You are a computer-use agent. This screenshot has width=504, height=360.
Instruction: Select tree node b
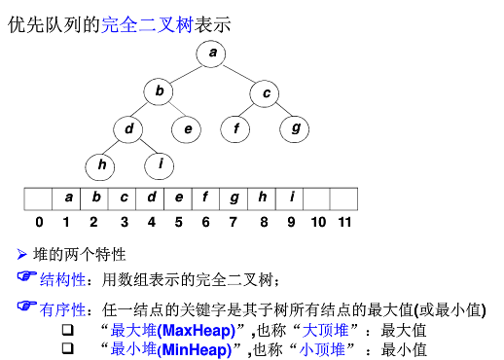pyautogui.click(x=158, y=91)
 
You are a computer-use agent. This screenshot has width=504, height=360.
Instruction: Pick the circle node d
pyautogui.click(x=127, y=127)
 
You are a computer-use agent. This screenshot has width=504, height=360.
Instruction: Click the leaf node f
pyautogui.click(x=235, y=127)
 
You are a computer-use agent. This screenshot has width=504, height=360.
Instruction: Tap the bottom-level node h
pyautogui.click(x=100, y=164)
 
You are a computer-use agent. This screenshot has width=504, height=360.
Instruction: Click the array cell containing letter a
pyautogui.click(x=68, y=198)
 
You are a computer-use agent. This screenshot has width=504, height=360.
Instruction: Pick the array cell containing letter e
pyautogui.click(x=179, y=198)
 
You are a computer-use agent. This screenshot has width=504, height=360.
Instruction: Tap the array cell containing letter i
pyautogui.click(x=290, y=198)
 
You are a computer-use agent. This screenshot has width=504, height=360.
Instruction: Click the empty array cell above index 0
pyautogui.click(x=40, y=198)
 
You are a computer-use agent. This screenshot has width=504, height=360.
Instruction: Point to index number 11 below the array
pyautogui.click(x=344, y=222)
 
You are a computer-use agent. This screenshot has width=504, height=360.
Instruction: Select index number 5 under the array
pyautogui.click(x=179, y=222)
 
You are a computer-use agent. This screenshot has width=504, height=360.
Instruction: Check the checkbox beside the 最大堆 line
pyautogui.click(x=68, y=331)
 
